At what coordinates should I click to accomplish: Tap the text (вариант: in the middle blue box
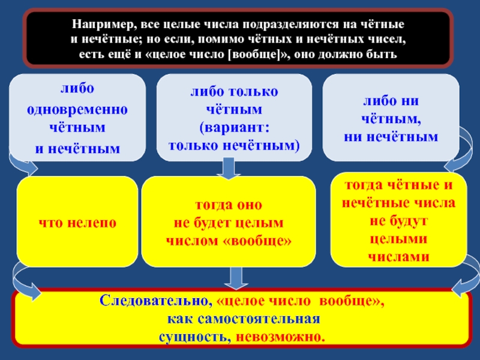[235, 129]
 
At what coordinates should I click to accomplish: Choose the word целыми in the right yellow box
[398, 239]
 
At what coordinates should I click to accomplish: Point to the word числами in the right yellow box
[398, 256]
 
